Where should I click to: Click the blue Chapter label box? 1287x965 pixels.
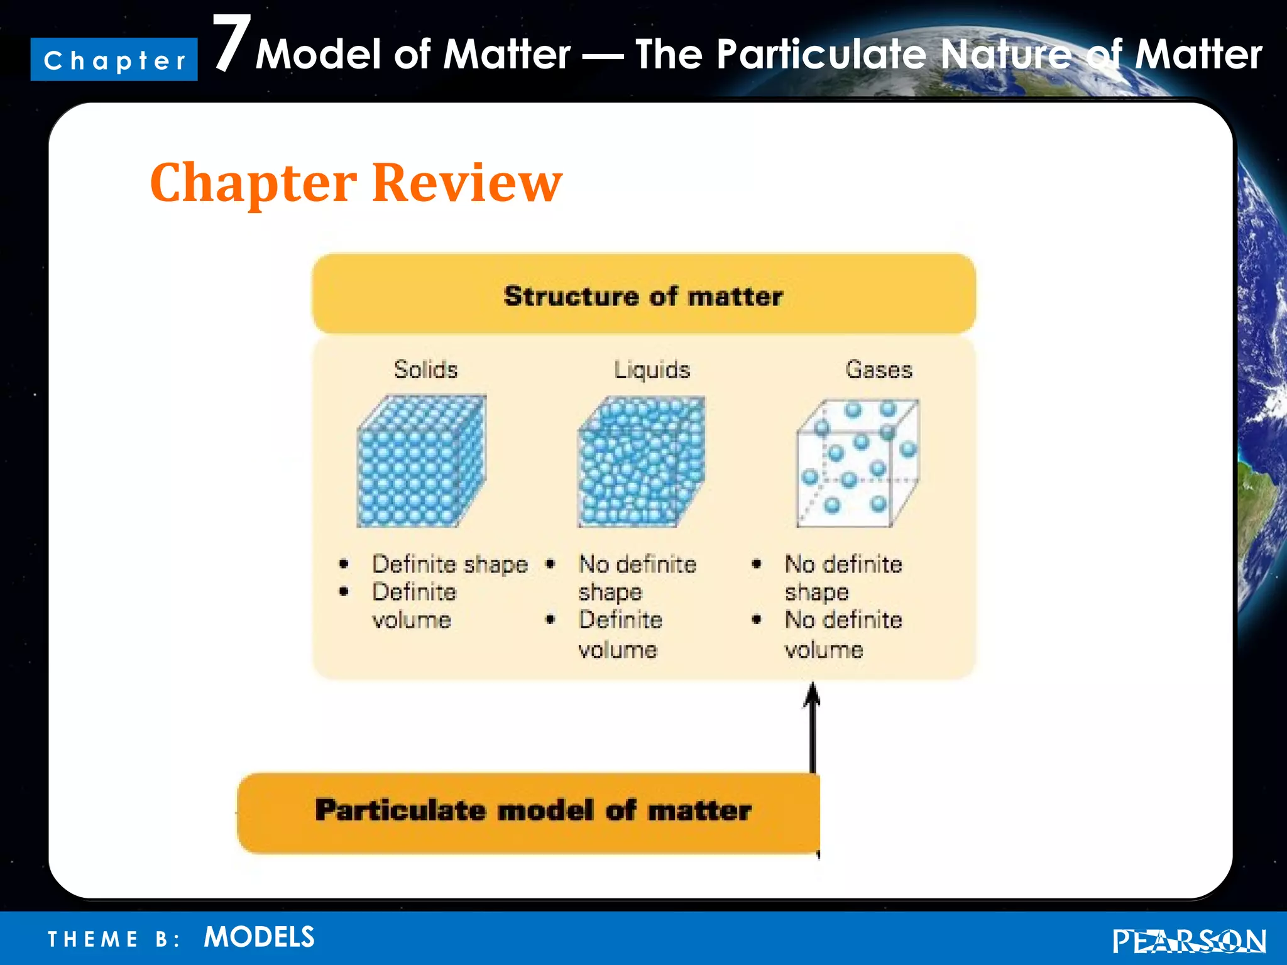click(114, 60)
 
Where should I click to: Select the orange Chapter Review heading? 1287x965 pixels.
click(356, 183)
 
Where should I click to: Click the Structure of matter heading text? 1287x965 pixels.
click(643, 296)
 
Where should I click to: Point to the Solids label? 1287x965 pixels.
click(425, 369)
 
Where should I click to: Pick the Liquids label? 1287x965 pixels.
click(652, 369)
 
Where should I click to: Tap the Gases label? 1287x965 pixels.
click(878, 369)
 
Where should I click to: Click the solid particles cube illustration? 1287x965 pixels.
click(422, 462)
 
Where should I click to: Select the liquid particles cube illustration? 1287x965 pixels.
click(641, 462)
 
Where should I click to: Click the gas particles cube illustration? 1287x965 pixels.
click(857, 463)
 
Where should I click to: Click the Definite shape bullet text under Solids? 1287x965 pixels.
click(449, 564)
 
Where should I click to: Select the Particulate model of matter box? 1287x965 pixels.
click(528, 812)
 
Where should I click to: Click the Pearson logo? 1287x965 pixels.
click(1188, 941)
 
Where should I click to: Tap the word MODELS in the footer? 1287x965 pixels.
click(259, 937)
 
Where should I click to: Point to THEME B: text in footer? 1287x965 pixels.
click(114, 939)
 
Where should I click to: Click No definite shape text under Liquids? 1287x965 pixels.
click(636, 578)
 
